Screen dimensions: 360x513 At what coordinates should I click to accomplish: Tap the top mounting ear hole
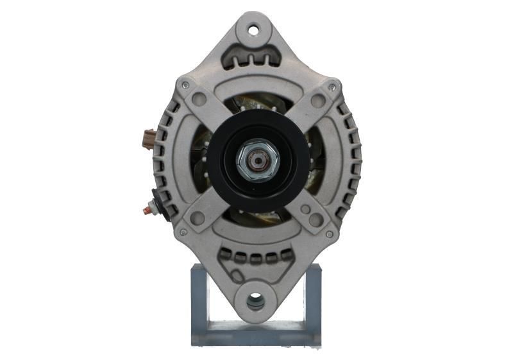[253, 29]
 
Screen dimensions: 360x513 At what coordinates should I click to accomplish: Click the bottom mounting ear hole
[255, 299]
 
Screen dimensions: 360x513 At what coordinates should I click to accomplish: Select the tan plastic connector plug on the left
[149, 138]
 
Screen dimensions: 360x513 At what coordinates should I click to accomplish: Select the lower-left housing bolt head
[183, 232]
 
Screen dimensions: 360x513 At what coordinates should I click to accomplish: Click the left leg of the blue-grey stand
[199, 305]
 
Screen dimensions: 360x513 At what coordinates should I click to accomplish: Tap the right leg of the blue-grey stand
[312, 305]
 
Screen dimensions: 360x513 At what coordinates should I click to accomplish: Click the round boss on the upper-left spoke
[199, 99]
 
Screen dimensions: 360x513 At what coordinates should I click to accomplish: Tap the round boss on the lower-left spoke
[198, 218]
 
